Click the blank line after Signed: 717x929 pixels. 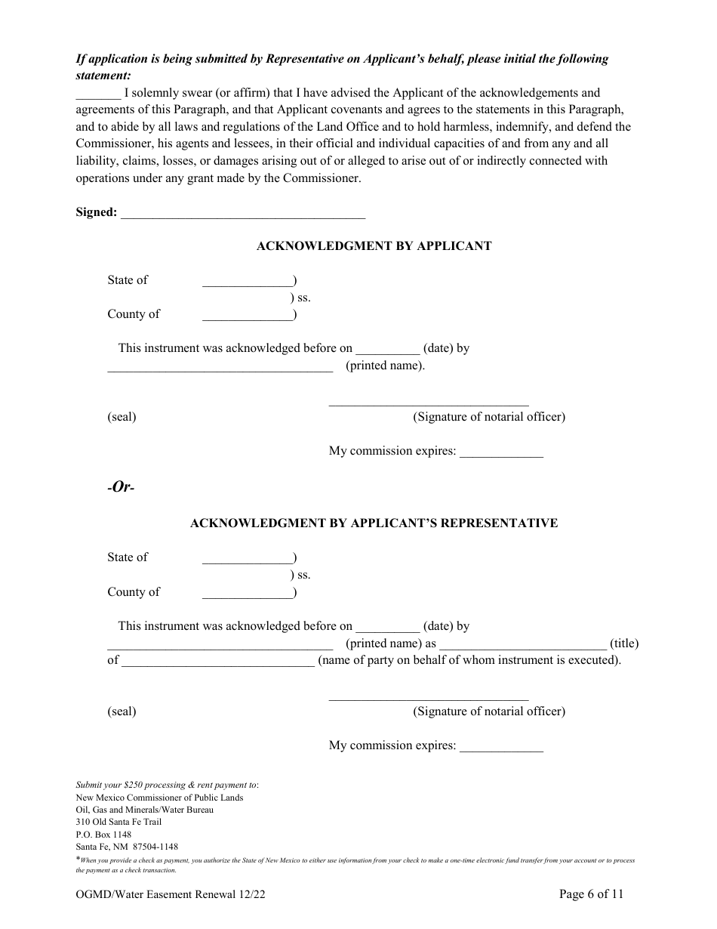[x=243, y=215]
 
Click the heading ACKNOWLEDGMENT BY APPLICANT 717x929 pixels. [x=374, y=246]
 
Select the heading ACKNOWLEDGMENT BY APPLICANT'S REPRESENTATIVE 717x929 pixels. [x=374, y=523]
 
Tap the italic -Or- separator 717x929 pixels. [x=121, y=487]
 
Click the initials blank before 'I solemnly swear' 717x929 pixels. [x=98, y=95]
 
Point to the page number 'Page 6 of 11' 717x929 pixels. [x=591, y=895]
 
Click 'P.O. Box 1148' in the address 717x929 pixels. [x=103, y=835]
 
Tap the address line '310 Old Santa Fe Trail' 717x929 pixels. [x=118, y=822]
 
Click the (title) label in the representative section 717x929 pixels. [x=624, y=644]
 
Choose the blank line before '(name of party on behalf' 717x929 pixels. [x=217, y=662]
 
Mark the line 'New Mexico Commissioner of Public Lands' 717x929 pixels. [x=159, y=798]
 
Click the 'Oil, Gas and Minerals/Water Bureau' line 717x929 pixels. [x=144, y=810]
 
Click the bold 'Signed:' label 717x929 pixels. [x=97, y=212]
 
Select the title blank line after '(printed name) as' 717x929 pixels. [x=522, y=646]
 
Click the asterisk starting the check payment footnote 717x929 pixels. [x=78, y=859]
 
